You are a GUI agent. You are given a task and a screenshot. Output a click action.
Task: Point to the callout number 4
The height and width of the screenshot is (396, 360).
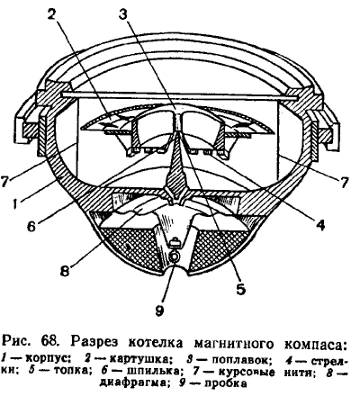coord(320,224)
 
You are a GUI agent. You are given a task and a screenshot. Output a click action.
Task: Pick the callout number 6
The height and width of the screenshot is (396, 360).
coord(31,226)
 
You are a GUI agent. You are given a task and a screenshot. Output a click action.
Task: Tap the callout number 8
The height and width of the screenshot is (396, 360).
coord(65,271)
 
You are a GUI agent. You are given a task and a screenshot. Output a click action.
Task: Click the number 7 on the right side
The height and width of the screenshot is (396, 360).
coord(345,181)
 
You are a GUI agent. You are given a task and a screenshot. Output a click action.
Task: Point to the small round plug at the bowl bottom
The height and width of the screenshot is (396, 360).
coord(175,256)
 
